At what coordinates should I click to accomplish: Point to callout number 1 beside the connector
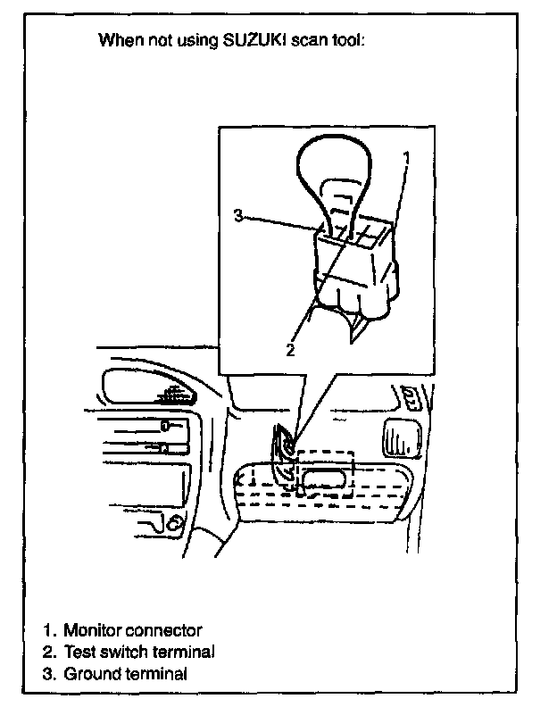click(406, 158)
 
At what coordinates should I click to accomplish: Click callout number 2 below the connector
click(289, 349)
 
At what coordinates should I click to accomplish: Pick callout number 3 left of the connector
click(238, 215)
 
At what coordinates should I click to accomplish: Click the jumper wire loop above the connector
click(336, 165)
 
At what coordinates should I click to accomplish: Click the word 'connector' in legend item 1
click(170, 630)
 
